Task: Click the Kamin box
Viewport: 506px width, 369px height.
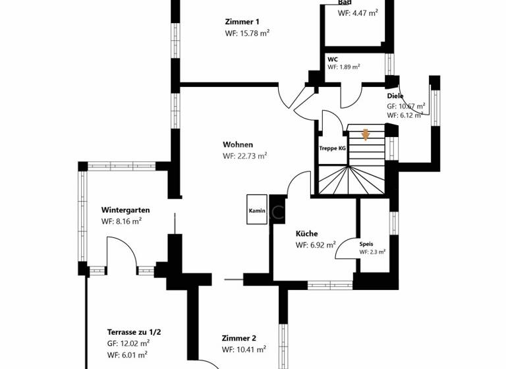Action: point(257,211)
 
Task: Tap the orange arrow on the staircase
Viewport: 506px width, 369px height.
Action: point(366,135)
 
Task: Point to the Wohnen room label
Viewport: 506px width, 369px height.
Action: point(238,145)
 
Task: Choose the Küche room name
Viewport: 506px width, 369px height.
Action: point(307,233)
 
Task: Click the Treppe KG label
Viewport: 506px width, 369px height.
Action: point(333,148)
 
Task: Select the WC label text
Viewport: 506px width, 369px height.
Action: point(333,59)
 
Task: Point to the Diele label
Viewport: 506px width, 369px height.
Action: point(395,96)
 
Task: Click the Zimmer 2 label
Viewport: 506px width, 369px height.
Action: point(239,338)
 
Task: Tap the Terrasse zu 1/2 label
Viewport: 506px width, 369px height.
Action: point(134,332)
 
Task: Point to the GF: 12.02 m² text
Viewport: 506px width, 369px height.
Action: point(128,343)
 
